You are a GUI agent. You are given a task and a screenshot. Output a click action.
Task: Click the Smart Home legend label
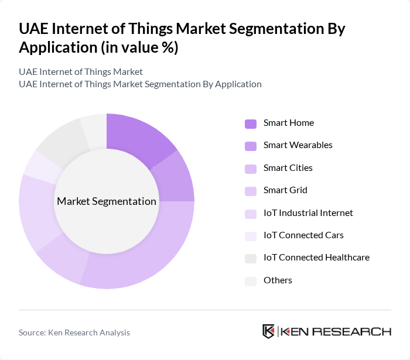288,123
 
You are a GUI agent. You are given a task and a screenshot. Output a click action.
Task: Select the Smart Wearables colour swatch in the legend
251,146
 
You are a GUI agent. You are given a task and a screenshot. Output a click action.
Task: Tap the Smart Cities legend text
288,168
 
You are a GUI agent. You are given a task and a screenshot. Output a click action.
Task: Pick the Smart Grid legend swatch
251,191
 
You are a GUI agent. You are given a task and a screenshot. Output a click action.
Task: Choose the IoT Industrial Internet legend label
308,213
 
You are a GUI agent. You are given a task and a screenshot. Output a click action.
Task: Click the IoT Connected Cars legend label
303,235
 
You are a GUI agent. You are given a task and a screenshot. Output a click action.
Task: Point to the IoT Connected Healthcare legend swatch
251,258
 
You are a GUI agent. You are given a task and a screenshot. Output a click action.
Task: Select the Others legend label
278,280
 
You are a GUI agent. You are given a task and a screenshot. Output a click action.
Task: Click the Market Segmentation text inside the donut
107,201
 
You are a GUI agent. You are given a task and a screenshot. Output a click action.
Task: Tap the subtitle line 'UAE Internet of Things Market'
81,72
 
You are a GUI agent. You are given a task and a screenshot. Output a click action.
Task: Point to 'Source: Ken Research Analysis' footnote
74,332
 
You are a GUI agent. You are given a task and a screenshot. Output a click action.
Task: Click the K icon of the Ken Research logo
269,331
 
